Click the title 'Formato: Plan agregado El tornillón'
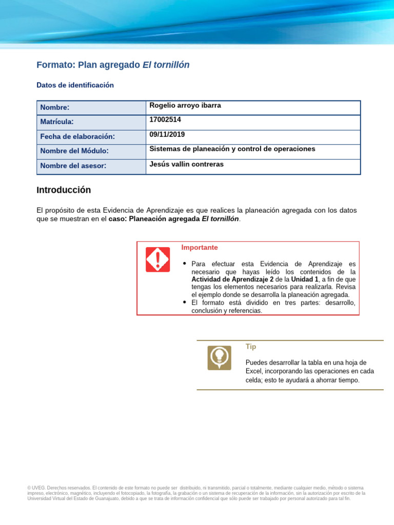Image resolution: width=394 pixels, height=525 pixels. [113, 65]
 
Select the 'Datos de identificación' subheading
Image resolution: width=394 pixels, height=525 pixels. [75, 85]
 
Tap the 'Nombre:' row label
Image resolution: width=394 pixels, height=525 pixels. [55, 108]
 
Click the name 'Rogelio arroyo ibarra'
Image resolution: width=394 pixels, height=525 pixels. [185, 106]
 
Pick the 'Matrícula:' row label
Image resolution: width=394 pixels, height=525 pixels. [57, 122]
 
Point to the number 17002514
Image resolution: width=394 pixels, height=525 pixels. [165, 120]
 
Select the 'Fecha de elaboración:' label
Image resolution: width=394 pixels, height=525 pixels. [77, 136]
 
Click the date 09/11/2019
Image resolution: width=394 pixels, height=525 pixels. [167, 134]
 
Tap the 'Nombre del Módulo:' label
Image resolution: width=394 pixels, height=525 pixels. [74, 151]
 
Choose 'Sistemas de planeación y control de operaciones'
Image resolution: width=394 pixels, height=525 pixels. [232, 149]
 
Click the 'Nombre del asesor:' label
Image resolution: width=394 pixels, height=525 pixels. [73, 166]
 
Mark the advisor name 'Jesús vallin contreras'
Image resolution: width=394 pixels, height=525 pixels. [186, 164]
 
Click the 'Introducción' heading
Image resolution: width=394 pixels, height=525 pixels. [64, 190]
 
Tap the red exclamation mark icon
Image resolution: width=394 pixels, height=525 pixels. [157, 259]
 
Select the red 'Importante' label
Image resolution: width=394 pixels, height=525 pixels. [199, 248]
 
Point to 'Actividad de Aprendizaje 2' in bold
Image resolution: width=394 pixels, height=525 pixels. [232, 279]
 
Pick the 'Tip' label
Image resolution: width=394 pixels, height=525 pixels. [251, 347]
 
